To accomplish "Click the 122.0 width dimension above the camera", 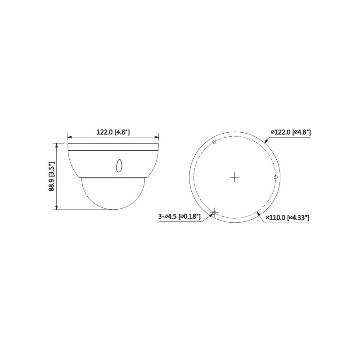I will (x=113, y=132).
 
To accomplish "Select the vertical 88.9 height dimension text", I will (x=52, y=176).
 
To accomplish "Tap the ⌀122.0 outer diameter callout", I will (x=291, y=132).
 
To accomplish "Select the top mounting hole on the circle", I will (x=214, y=142).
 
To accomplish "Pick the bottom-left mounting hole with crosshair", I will (x=214, y=212).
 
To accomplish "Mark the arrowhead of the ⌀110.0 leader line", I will (x=257, y=212).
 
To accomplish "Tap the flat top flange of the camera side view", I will (x=112, y=146).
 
